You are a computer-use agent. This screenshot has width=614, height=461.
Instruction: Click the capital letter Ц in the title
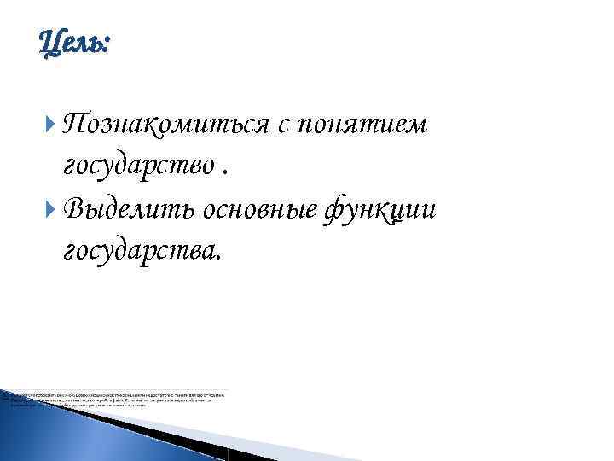tap(49, 40)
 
